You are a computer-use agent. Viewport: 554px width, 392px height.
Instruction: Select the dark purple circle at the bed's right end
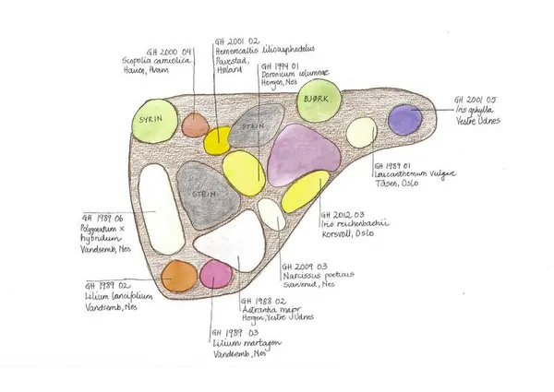click(x=403, y=121)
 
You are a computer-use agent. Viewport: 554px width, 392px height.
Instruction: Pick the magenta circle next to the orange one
click(x=216, y=274)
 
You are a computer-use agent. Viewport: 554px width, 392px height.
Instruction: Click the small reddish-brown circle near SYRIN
click(x=196, y=124)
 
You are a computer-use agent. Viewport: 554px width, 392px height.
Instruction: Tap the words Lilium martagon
click(x=237, y=342)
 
